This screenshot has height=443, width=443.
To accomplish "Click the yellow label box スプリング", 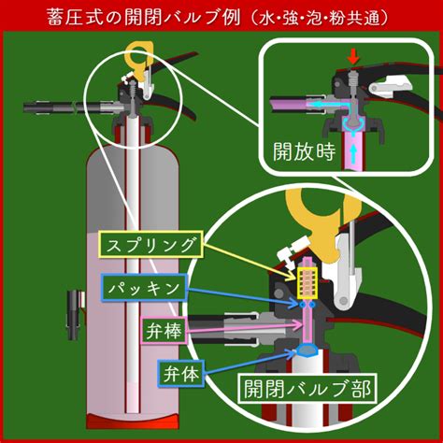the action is click(x=151, y=245).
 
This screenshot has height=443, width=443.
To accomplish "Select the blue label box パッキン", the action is click(x=144, y=288).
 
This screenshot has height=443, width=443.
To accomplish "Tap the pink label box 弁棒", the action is click(x=164, y=330).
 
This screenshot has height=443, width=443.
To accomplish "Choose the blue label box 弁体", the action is click(x=181, y=374).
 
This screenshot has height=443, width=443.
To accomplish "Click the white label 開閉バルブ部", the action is click(x=307, y=389).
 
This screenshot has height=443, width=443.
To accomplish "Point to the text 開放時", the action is click(x=305, y=152).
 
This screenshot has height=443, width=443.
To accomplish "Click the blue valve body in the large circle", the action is click(x=307, y=350).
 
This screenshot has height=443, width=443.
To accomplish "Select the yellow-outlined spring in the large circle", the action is click(x=307, y=283).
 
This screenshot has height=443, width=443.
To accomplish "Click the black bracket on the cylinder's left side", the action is click(x=75, y=315).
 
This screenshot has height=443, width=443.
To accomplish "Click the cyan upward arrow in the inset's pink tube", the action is click(x=353, y=153).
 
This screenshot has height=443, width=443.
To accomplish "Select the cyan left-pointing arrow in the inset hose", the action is click(x=324, y=104).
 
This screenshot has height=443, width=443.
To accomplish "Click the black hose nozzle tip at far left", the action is click(x=31, y=107).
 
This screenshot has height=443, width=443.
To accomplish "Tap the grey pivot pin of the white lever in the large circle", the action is click(x=344, y=301).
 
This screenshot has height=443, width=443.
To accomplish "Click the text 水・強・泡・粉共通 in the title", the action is click(x=321, y=18).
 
